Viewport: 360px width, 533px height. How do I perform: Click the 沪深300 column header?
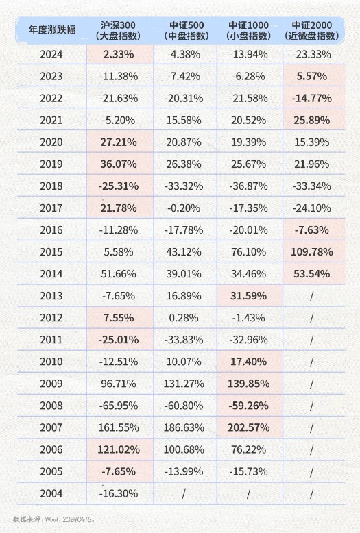(x=119, y=31)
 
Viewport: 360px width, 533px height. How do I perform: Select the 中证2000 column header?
(x=312, y=31)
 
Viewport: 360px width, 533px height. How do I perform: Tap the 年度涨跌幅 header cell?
(x=51, y=29)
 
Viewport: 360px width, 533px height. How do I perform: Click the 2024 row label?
(x=51, y=54)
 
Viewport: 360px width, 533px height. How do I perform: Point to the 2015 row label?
(x=51, y=252)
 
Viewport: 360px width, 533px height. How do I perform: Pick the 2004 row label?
(x=51, y=493)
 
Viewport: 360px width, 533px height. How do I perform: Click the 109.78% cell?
(x=312, y=252)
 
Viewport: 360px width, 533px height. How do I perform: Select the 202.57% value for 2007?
(x=248, y=427)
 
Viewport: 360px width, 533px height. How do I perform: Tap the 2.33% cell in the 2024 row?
(x=119, y=54)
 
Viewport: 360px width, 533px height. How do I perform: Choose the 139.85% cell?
(x=248, y=384)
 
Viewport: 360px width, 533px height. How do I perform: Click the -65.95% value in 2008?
(x=119, y=406)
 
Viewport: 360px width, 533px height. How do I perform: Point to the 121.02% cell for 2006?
(x=119, y=449)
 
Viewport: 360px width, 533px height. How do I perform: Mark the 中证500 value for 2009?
(x=184, y=384)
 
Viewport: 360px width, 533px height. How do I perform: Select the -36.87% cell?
(x=248, y=186)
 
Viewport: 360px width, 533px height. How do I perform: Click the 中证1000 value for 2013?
(x=248, y=296)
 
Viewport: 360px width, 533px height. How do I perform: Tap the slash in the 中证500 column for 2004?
(x=184, y=493)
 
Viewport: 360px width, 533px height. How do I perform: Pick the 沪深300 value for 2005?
(x=119, y=471)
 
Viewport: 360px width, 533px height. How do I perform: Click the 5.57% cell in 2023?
(x=312, y=76)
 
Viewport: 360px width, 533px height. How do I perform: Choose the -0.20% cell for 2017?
(x=184, y=208)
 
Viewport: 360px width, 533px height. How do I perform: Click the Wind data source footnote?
(x=53, y=519)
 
